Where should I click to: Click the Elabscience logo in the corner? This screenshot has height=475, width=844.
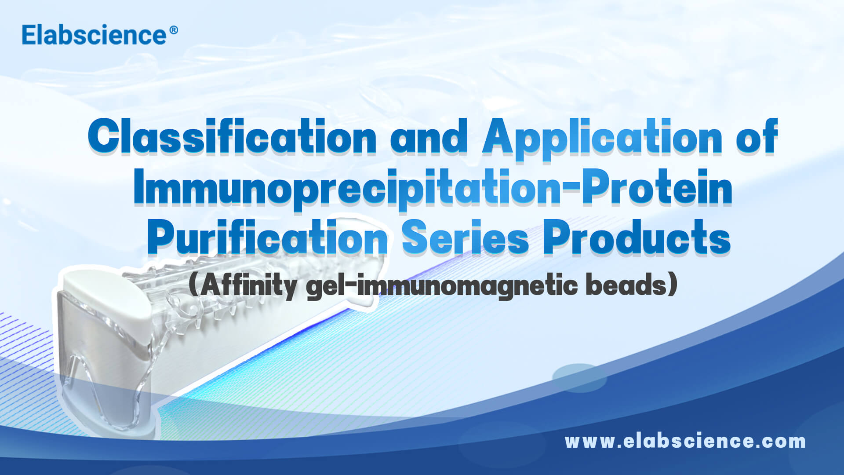(94, 35)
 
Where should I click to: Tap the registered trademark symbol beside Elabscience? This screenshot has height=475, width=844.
(173, 30)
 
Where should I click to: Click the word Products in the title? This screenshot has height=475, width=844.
(637, 238)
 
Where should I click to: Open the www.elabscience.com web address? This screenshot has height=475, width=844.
(685, 441)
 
